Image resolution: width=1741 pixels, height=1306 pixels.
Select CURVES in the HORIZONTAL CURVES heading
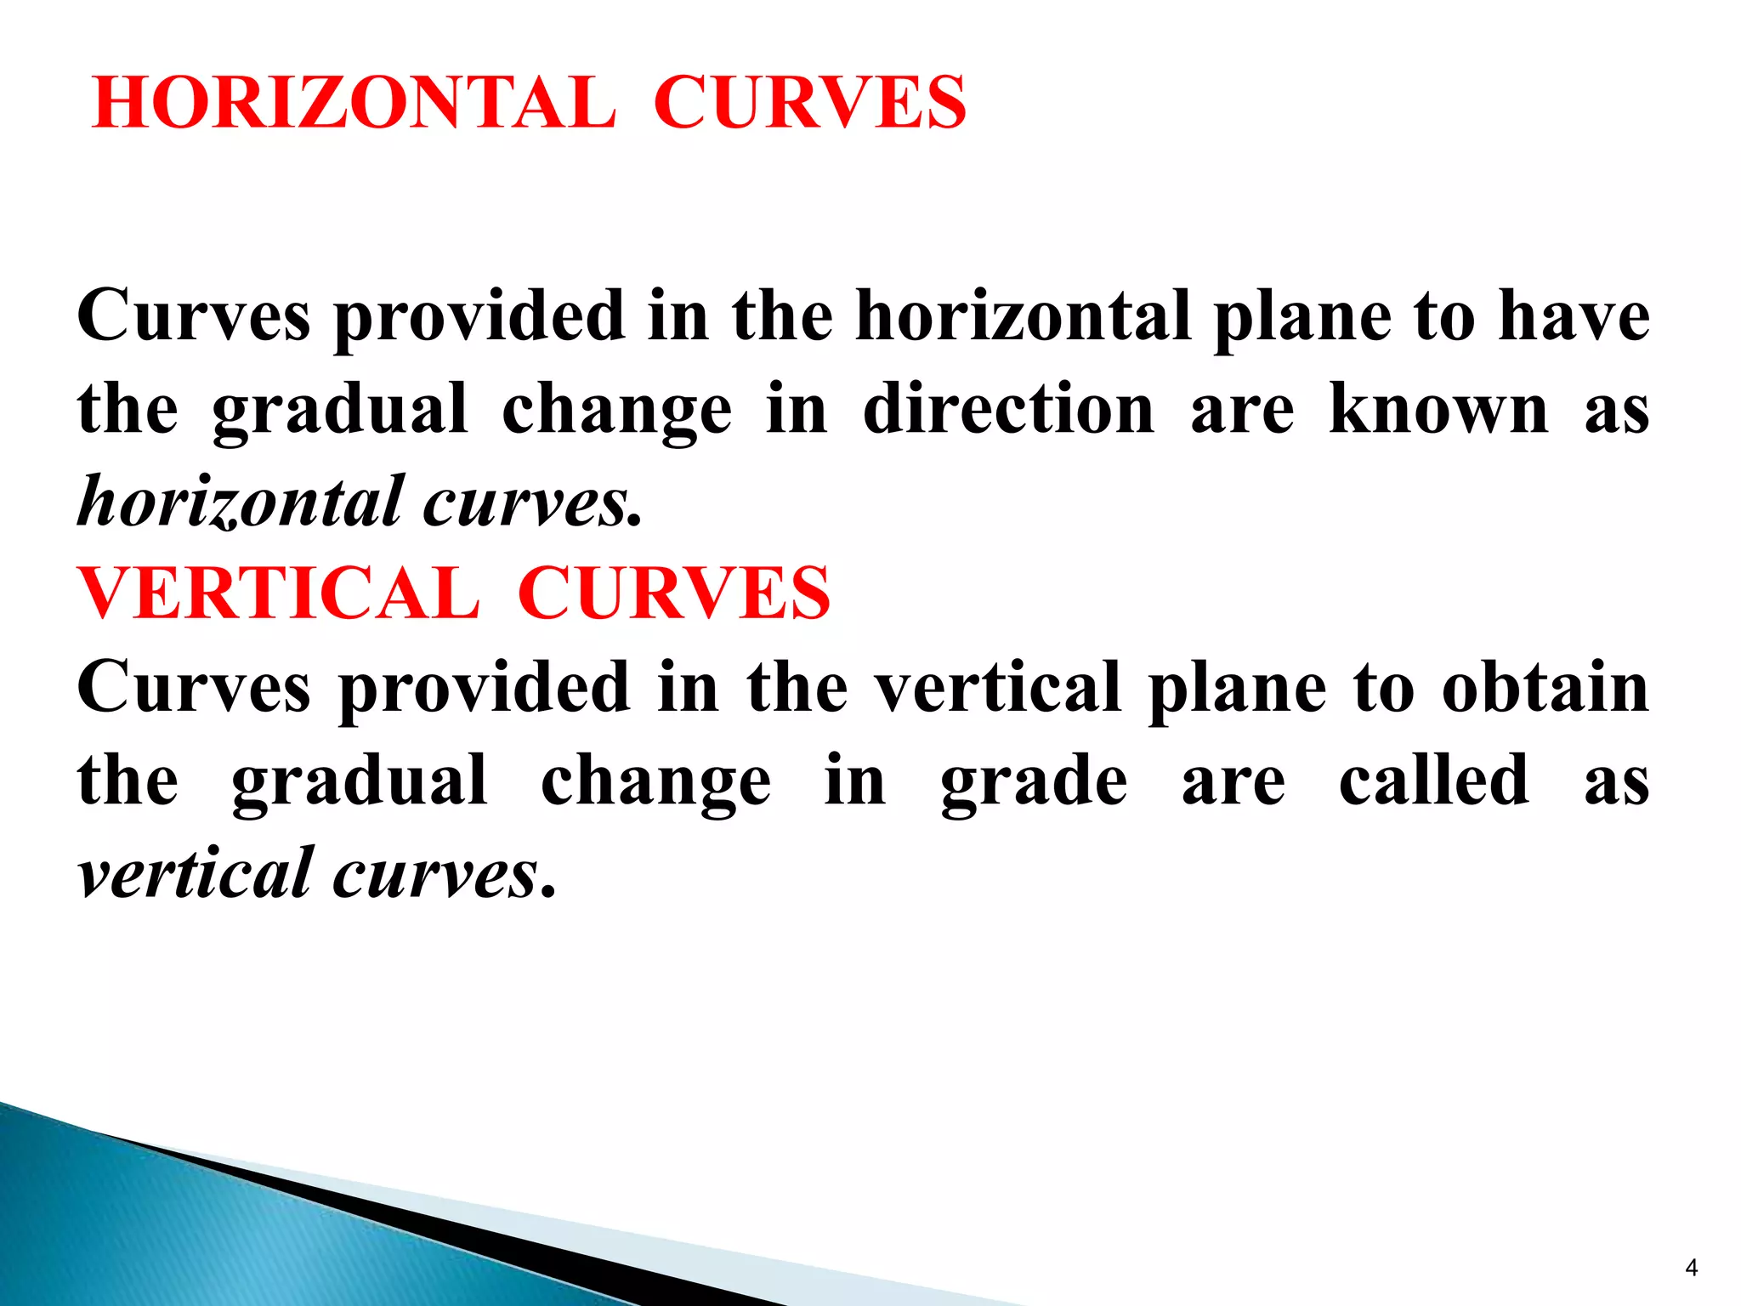809,103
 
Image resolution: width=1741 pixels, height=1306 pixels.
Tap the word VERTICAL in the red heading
279,593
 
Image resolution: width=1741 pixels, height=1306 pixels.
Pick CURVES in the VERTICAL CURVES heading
673,593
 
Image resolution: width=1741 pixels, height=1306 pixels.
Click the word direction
1008,410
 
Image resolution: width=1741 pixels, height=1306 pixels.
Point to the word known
1438,410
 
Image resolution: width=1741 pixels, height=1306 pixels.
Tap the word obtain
1545,688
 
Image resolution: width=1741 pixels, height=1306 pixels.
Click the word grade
1034,782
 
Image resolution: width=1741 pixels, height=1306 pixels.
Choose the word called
1434,781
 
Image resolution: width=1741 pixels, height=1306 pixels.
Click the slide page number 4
1691,1268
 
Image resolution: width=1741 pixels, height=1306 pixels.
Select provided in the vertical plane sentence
485,689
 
